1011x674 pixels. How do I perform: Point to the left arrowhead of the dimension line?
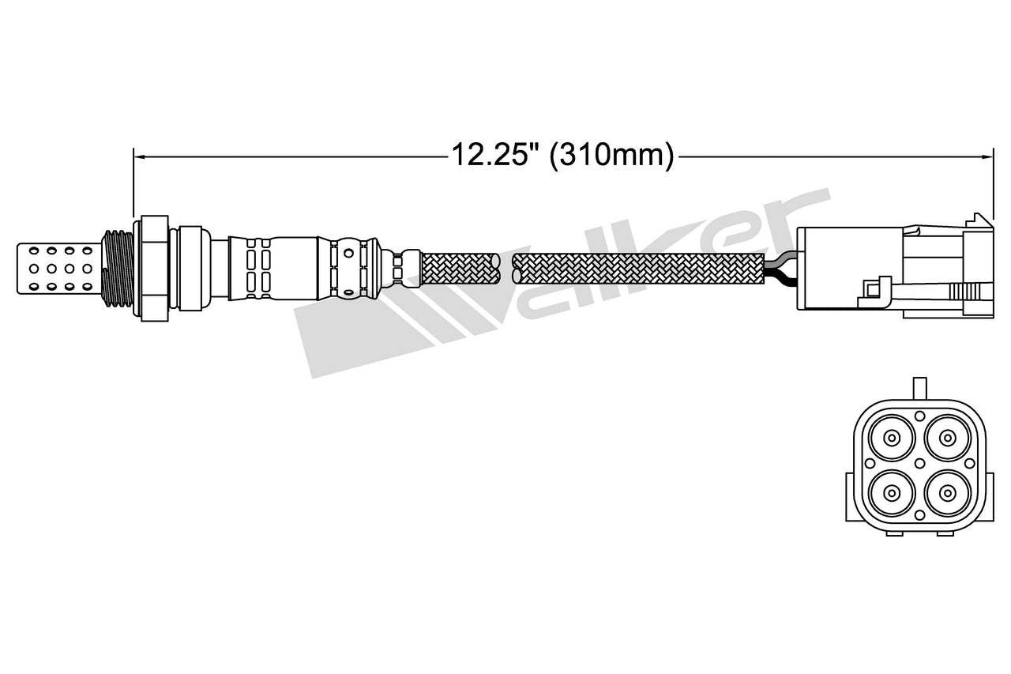pos(139,156)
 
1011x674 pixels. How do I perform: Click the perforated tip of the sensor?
pos(58,268)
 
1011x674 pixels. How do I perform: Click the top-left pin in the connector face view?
pos(892,437)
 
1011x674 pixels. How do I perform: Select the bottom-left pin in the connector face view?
pos(892,493)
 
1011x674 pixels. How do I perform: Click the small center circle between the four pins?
pos(919,465)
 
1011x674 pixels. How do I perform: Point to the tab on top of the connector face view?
pos(919,389)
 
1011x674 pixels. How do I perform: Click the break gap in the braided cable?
pos(507,268)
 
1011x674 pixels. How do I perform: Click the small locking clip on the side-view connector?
pos(874,289)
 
